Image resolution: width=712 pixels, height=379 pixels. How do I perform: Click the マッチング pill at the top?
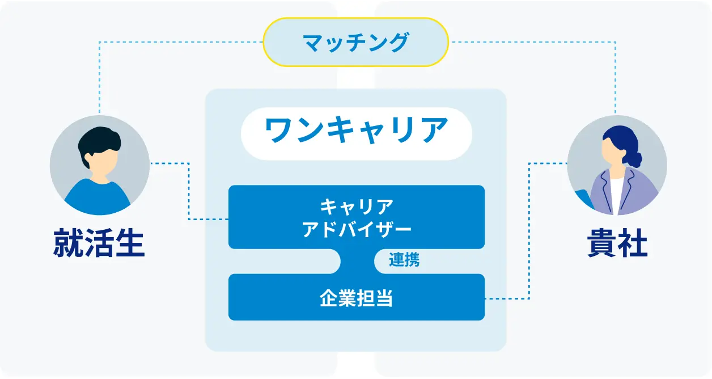[355, 42]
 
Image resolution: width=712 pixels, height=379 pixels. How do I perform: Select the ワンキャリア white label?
[357, 134]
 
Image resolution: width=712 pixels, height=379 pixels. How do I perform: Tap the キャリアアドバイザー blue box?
[357, 217]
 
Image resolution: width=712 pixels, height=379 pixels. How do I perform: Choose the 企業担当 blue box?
[357, 297]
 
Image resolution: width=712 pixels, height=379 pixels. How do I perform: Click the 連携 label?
[404, 260]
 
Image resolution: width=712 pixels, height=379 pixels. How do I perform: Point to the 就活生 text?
[99, 243]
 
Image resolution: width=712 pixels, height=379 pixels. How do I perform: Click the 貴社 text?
[617, 243]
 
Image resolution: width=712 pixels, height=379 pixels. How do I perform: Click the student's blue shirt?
[98, 197]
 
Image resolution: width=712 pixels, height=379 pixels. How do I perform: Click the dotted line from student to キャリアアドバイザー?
[189, 191]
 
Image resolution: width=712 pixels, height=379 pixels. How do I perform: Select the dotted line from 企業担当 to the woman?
[529, 231]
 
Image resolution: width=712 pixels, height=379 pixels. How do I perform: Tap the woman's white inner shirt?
[616, 196]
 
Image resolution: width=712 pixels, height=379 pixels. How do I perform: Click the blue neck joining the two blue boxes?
[357, 261]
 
